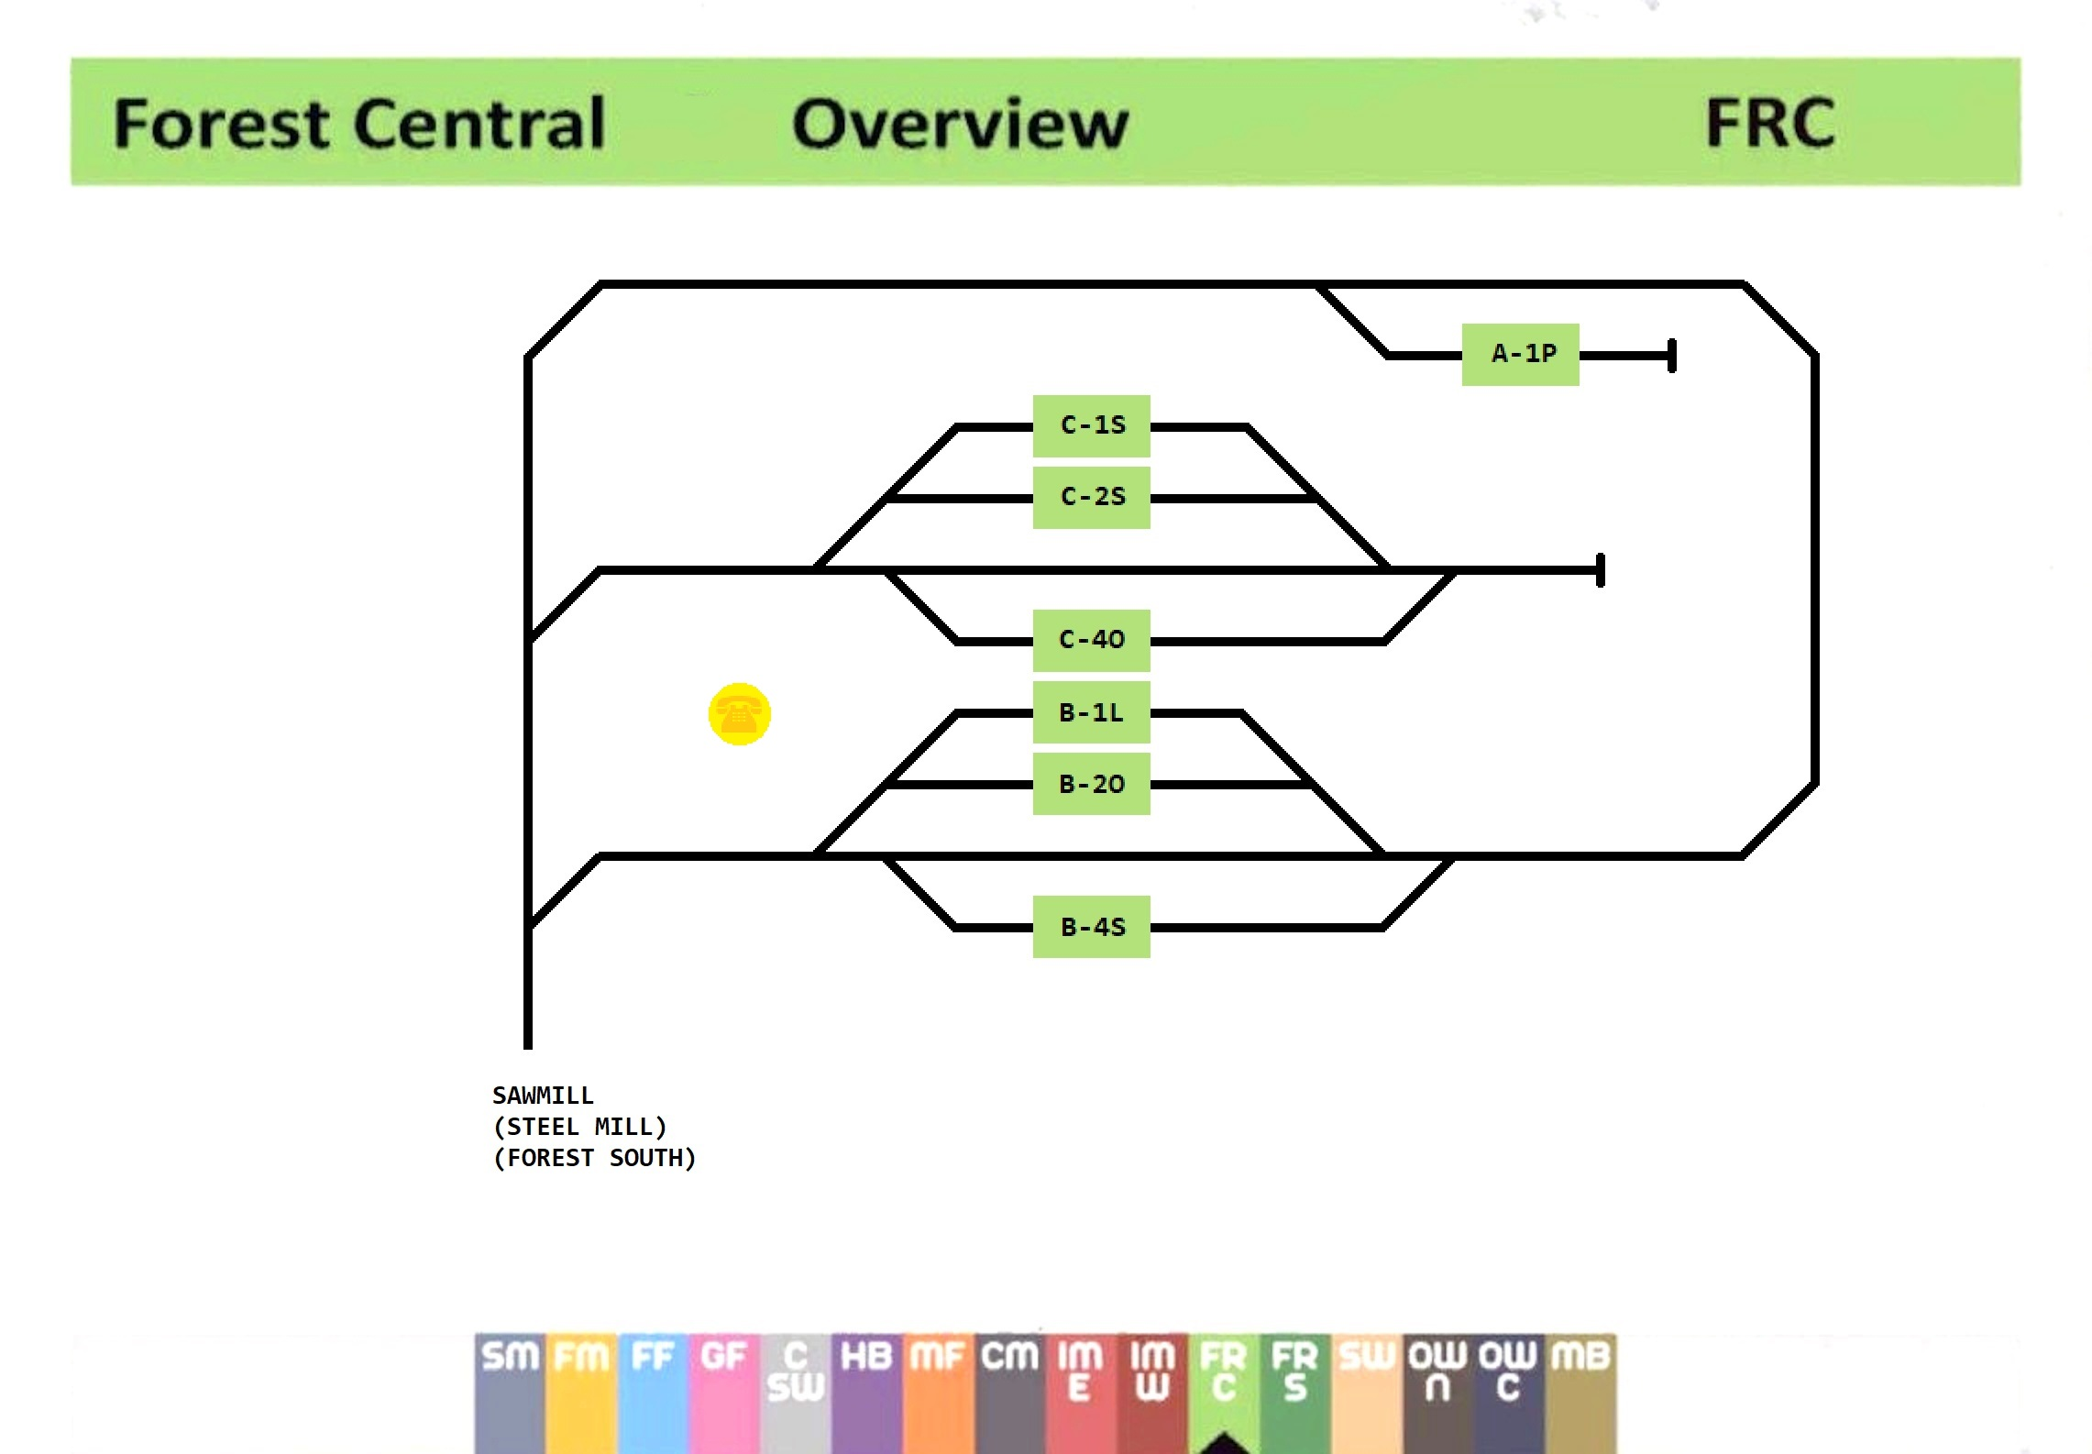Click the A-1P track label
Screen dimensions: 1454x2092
coord(1520,354)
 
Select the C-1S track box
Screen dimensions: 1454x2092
coord(1091,425)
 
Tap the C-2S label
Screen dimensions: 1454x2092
coord(1091,497)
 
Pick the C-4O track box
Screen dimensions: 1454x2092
coord(1091,640)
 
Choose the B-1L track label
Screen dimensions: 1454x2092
coord(1091,712)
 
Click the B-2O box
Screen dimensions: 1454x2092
coord(1091,784)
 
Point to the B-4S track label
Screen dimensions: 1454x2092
coord(1091,927)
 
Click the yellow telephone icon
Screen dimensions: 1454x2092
coord(739,714)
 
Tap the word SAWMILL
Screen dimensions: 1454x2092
coord(543,1096)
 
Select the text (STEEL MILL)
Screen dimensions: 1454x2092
coord(579,1127)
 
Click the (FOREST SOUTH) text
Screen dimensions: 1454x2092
coord(594,1158)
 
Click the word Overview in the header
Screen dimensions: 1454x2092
coord(960,124)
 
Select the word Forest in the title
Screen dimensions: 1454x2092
coord(220,124)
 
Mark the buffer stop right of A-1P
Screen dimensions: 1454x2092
coord(1672,356)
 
